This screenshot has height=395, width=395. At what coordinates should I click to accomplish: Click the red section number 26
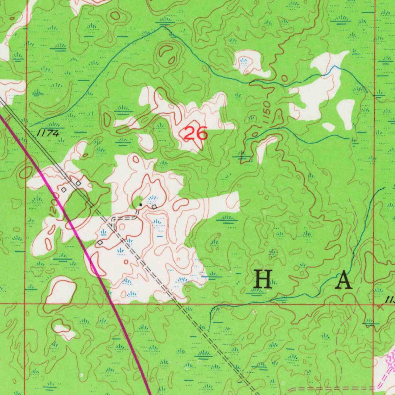[195, 133]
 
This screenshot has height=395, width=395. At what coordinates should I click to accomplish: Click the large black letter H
[263, 280]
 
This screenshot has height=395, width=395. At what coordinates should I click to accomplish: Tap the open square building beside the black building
[154, 207]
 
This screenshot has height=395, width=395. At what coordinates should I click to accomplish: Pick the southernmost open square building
[100, 242]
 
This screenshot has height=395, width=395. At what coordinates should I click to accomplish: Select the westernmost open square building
[64, 190]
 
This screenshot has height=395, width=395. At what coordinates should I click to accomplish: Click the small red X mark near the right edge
[380, 307]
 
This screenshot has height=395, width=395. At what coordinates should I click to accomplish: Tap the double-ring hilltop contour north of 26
[168, 54]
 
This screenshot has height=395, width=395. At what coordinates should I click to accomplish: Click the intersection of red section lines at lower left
[25, 304]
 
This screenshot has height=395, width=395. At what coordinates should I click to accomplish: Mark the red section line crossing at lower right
[374, 304]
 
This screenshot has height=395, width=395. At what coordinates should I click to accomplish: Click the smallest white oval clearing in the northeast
[328, 127]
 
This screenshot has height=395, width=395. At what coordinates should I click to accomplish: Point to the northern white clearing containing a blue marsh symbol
[247, 62]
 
